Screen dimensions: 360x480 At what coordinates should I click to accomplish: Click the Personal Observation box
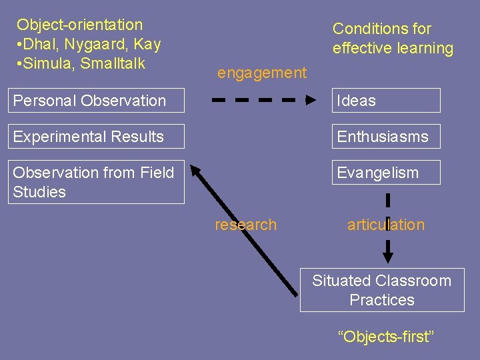click(97, 101)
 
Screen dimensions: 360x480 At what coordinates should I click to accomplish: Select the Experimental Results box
click(97, 137)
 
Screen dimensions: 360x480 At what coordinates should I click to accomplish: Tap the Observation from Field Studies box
click(97, 182)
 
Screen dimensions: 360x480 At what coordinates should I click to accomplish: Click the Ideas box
click(387, 101)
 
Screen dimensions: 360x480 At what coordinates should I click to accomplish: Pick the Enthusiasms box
click(387, 137)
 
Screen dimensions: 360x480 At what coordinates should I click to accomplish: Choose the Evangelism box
click(387, 173)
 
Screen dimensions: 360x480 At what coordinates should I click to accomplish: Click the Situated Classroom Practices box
click(381, 290)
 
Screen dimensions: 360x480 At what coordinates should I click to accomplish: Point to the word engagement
click(262, 73)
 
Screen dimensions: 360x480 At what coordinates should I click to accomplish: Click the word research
click(245, 225)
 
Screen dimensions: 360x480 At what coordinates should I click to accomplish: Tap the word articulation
click(386, 225)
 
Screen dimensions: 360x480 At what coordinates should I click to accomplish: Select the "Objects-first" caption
click(385, 337)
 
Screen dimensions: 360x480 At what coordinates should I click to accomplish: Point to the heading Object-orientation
click(80, 25)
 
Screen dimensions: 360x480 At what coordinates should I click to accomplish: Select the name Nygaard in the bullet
click(91, 45)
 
